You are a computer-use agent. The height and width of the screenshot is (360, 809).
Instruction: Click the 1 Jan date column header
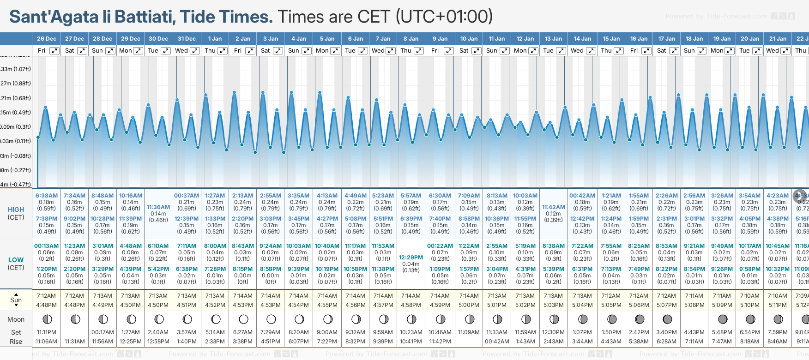[x=215, y=39]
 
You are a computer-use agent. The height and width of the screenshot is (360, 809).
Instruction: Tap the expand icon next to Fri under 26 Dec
[x=54, y=51]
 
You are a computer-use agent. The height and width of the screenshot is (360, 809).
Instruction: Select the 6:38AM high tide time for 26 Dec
[x=47, y=196]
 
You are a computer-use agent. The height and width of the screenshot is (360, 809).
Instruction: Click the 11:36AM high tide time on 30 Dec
[x=158, y=207]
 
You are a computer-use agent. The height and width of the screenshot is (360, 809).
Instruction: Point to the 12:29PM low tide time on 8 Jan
[x=411, y=258]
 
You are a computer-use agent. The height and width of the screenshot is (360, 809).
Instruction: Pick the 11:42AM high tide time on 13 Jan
[x=553, y=207]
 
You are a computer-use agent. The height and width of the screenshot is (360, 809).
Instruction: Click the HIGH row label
[x=16, y=210]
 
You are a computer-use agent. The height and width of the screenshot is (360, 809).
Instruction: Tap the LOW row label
[x=16, y=260]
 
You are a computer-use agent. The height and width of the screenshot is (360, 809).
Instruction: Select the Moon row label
[x=16, y=319]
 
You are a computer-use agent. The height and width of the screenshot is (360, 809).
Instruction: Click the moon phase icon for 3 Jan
[x=271, y=319]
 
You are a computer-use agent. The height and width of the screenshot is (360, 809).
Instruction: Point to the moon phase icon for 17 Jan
[x=667, y=319]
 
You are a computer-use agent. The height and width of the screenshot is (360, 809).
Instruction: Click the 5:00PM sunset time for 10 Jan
[x=469, y=305]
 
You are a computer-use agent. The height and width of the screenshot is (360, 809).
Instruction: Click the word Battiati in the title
[x=145, y=17]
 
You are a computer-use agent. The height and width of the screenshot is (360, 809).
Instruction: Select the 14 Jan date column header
[x=582, y=39]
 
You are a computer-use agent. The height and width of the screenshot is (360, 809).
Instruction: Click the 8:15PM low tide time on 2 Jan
[x=242, y=269]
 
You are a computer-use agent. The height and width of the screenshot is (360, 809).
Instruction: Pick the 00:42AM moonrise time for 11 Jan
[x=497, y=342]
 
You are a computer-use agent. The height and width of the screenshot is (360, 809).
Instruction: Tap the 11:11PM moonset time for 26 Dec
[x=47, y=332]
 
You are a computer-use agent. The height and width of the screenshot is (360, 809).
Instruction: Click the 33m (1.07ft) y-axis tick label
[x=16, y=69]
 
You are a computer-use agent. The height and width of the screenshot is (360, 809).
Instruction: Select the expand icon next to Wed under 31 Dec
[x=195, y=51]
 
